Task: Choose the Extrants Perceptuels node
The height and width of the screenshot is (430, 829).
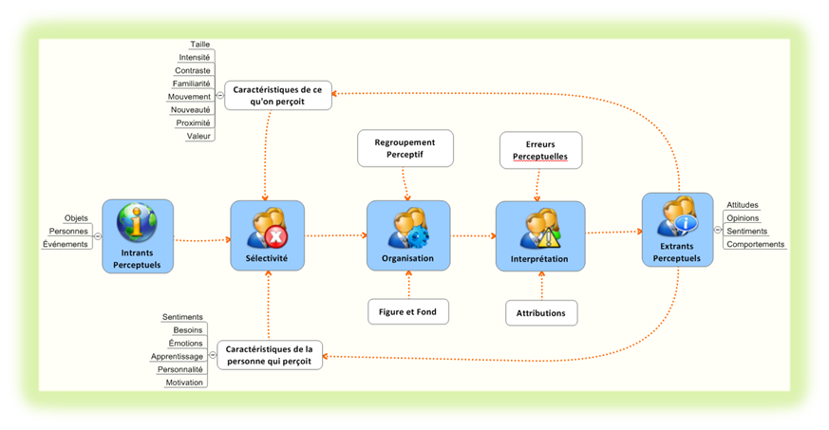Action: (x=677, y=230)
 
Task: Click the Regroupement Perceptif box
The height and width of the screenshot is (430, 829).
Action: (x=405, y=147)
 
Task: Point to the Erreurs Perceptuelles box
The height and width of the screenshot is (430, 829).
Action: (x=538, y=149)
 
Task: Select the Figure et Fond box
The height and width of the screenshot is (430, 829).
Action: (x=408, y=310)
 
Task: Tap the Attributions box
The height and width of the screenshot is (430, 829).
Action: (x=541, y=312)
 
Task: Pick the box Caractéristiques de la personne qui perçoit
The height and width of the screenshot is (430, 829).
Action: (x=270, y=355)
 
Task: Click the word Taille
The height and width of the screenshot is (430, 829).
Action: (x=199, y=44)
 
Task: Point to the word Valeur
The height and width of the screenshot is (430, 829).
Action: (x=198, y=136)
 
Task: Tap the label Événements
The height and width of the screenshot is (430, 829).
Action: (x=66, y=244)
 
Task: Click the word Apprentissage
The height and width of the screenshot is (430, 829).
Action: (x=177, y=356)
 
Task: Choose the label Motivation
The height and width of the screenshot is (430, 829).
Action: (x=184, y=383)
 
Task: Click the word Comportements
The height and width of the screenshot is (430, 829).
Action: (x=756, y=244)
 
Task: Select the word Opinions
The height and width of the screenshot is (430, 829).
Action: (x=742, y=217)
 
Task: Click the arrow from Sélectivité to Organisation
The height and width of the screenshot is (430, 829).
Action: (x=336, y=235)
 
